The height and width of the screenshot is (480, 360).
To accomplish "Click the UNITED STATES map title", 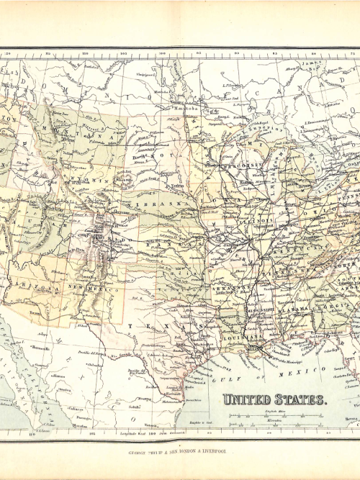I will click(273, 399).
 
